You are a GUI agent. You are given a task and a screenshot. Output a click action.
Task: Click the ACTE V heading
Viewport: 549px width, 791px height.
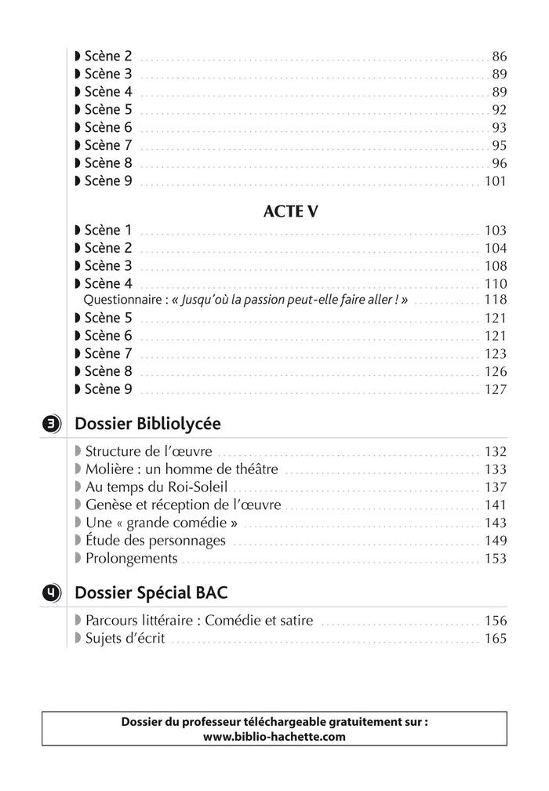pos(290,212)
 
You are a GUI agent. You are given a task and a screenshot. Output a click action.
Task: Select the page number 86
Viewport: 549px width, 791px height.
pos(500,56)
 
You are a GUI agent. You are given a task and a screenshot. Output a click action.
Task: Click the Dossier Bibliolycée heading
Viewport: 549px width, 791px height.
pos(147,424)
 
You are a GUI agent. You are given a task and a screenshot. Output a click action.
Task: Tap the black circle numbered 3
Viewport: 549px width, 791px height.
pos(49,425)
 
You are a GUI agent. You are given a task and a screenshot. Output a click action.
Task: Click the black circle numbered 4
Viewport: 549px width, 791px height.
pos(49,593)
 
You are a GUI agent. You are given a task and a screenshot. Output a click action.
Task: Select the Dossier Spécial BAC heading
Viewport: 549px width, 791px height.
pos(151,592)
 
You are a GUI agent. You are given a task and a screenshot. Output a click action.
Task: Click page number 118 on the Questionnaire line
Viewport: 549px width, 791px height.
pos(496,301)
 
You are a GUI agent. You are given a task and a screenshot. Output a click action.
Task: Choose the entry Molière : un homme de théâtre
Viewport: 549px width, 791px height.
pos(181,469)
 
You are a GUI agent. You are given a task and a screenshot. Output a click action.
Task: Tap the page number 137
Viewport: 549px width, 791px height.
pos(496,487)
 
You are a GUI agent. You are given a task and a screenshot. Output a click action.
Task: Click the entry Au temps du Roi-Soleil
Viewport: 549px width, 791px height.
pos(156,487)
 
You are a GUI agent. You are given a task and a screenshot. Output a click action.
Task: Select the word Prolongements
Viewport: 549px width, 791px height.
pos(131,559)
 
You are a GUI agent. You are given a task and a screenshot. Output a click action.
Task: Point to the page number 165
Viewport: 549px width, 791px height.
pos(496,639)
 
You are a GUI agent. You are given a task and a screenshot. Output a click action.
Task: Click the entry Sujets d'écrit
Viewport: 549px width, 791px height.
pos(125,639)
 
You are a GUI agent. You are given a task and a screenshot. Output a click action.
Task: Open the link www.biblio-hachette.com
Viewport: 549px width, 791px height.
pos(274,736)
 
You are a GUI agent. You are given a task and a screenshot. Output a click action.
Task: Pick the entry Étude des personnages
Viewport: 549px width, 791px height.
pos(155,541)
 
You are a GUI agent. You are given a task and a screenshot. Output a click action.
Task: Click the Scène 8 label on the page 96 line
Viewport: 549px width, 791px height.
pos(108,163)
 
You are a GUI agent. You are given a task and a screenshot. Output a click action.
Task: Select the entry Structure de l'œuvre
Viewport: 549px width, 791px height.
pos(149,452)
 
